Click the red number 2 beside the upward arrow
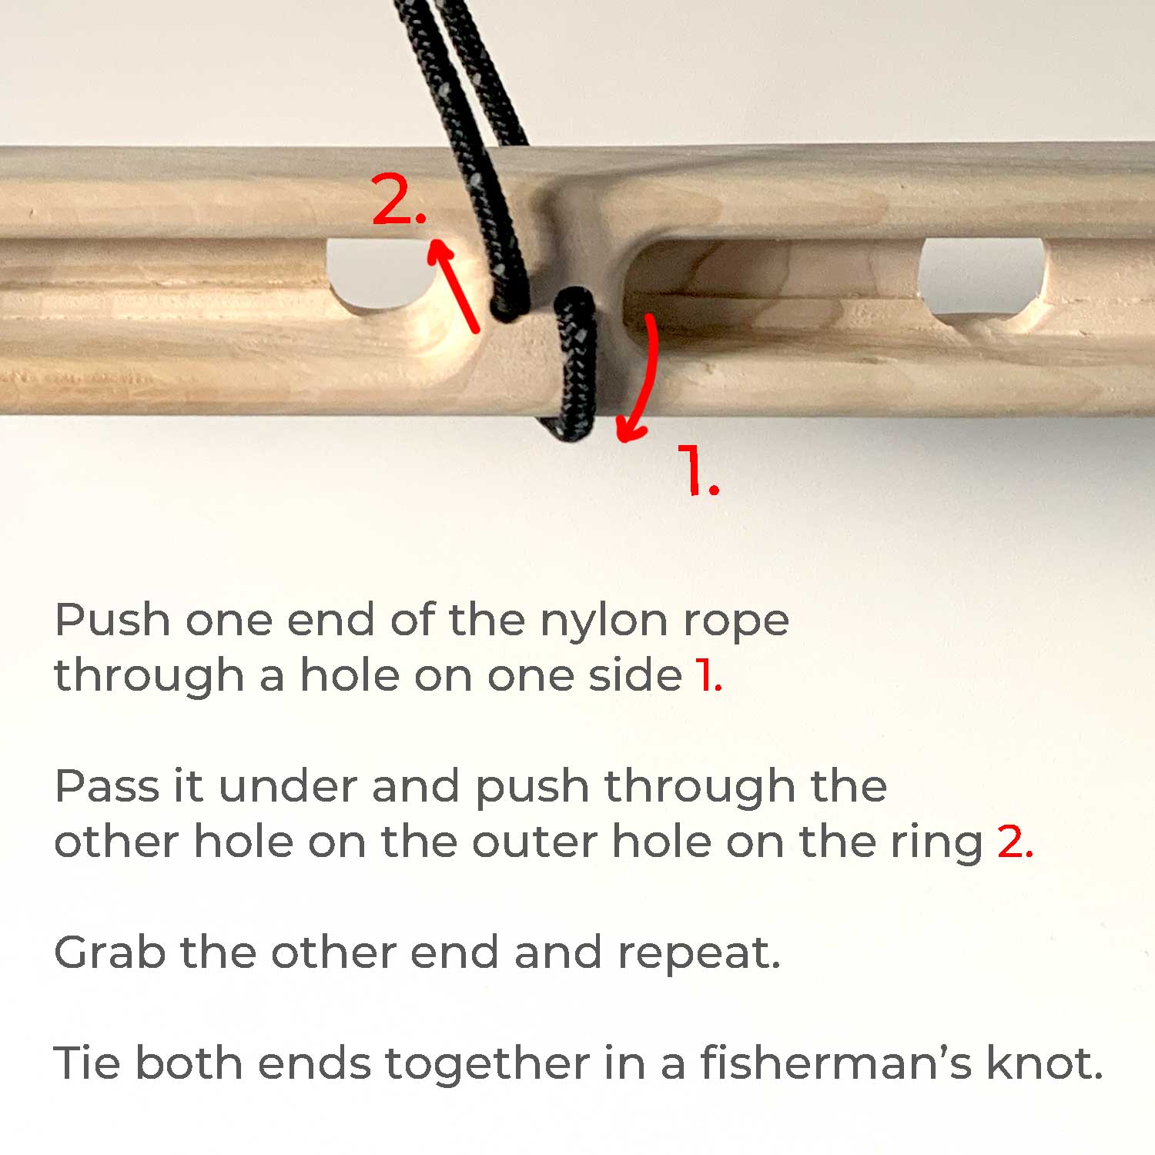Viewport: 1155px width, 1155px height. (x=399, y=199)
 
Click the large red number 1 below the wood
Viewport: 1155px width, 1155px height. (x=698, y=470)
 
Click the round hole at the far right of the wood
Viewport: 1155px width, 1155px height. (x=982, y=277)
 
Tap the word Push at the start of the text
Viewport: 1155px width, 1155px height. (x=112, y=620)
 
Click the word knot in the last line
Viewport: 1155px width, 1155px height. (x=1045, y=1063)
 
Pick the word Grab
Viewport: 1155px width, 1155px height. (x=110, y=952)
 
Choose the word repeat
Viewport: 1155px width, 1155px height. (x=699, y=955)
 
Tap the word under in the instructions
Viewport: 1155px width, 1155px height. (x=288, y=787)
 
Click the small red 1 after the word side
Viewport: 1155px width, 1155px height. (x=708, y=675)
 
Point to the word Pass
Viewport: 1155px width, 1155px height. (x=107, y=787)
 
